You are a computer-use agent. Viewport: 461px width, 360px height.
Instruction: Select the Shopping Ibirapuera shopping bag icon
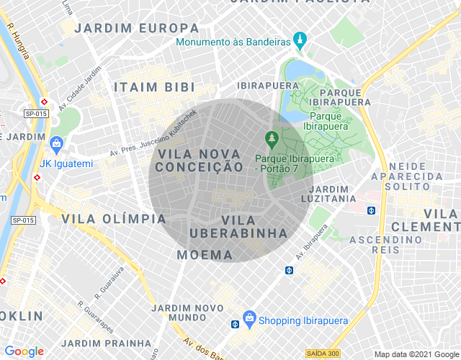249,318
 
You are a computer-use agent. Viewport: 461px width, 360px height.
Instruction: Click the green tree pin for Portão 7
272,137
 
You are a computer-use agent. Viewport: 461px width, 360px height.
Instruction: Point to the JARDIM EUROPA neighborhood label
137,28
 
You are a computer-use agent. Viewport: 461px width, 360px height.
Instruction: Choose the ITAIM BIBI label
155,86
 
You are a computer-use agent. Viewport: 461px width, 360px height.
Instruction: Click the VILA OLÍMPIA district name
114,218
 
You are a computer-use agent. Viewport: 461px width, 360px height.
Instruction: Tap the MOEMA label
205,255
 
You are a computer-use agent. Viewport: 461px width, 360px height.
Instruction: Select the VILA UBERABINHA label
238,226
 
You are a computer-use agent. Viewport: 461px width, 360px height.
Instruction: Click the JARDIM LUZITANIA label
332,194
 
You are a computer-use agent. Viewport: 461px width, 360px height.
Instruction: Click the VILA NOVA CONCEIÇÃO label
200,161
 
